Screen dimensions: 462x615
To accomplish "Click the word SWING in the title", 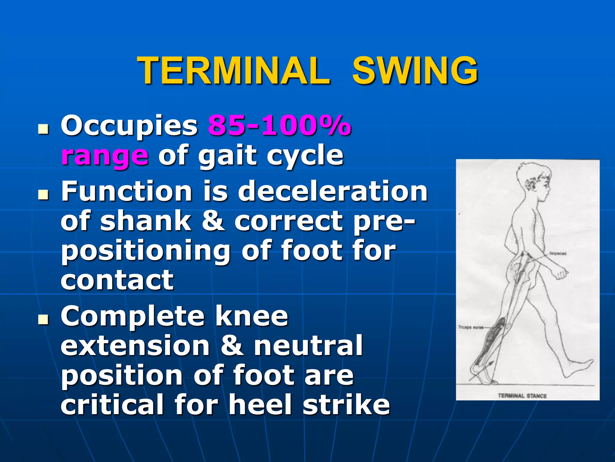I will (415, 71).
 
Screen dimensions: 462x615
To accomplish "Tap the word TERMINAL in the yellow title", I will (235, 71).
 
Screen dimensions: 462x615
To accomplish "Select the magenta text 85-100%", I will (279, 126).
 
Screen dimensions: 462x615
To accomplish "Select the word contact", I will (117, 280).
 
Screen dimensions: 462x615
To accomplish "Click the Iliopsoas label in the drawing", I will (558, 254).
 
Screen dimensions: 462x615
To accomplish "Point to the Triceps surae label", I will (470, 327).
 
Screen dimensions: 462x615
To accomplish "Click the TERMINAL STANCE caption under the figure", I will (522, 396).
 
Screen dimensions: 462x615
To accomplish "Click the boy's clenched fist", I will (561, 274).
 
